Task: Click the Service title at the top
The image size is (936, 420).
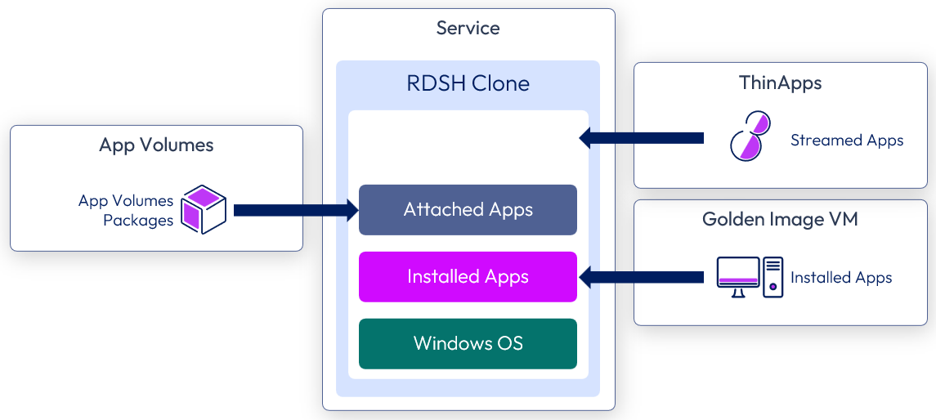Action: (468, 29)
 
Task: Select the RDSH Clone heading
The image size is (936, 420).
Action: (468, 83)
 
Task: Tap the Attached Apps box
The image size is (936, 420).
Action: (468, 210)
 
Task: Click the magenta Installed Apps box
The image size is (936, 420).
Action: (468, 277)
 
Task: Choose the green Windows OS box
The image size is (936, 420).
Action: (468, 343)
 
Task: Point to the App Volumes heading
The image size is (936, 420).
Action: (156, 145)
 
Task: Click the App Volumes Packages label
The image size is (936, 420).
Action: (127, 210)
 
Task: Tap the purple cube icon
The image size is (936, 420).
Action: (203, 209)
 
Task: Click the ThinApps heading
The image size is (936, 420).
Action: (780, 83)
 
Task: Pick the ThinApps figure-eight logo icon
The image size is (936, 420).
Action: (750, 135)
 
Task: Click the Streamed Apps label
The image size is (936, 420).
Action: (847, 141)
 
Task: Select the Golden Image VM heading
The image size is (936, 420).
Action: (780, 219)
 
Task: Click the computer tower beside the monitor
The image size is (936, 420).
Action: (773, 277)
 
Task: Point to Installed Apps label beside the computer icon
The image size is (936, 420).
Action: (841, 278)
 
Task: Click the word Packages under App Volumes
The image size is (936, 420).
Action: (138, 220)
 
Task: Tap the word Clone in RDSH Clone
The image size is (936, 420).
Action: (504, 83)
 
